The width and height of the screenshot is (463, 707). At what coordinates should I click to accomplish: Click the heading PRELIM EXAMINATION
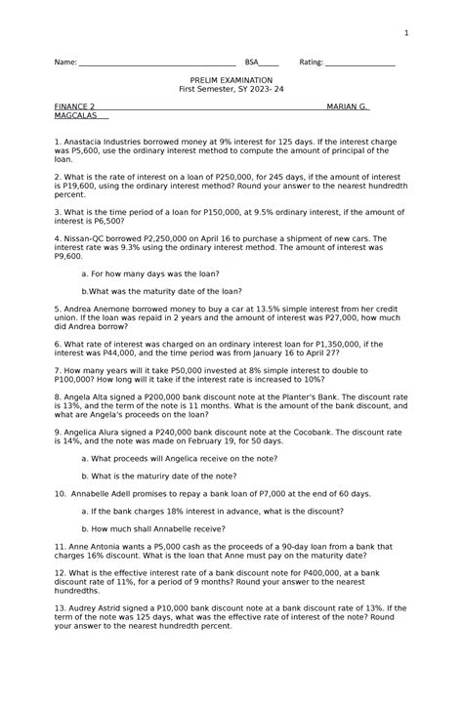231,79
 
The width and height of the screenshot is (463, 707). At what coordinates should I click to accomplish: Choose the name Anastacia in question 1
86,142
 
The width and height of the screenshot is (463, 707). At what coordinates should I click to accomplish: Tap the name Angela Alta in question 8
88,397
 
